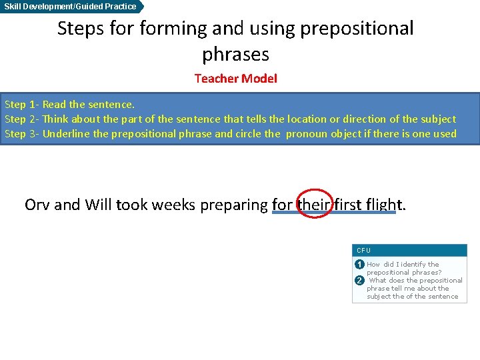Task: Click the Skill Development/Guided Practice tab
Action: tap(70, 7)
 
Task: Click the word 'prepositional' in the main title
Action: tap(357, 29)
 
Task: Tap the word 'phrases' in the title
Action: tap(235, 53)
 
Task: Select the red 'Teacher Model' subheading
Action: tap(235, 79)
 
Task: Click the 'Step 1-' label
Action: tap(22, 105)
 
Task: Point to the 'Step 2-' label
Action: tap(22, 119)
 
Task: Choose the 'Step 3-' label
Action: tap(22, 134)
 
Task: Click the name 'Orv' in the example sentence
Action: tap(37, 205)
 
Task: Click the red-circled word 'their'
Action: tap(312, 205)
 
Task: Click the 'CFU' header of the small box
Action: tap(363, 251)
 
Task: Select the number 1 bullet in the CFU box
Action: tap(359, 265)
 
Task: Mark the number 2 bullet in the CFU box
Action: tap(359, 280)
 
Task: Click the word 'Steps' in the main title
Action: tap(80, 29)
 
